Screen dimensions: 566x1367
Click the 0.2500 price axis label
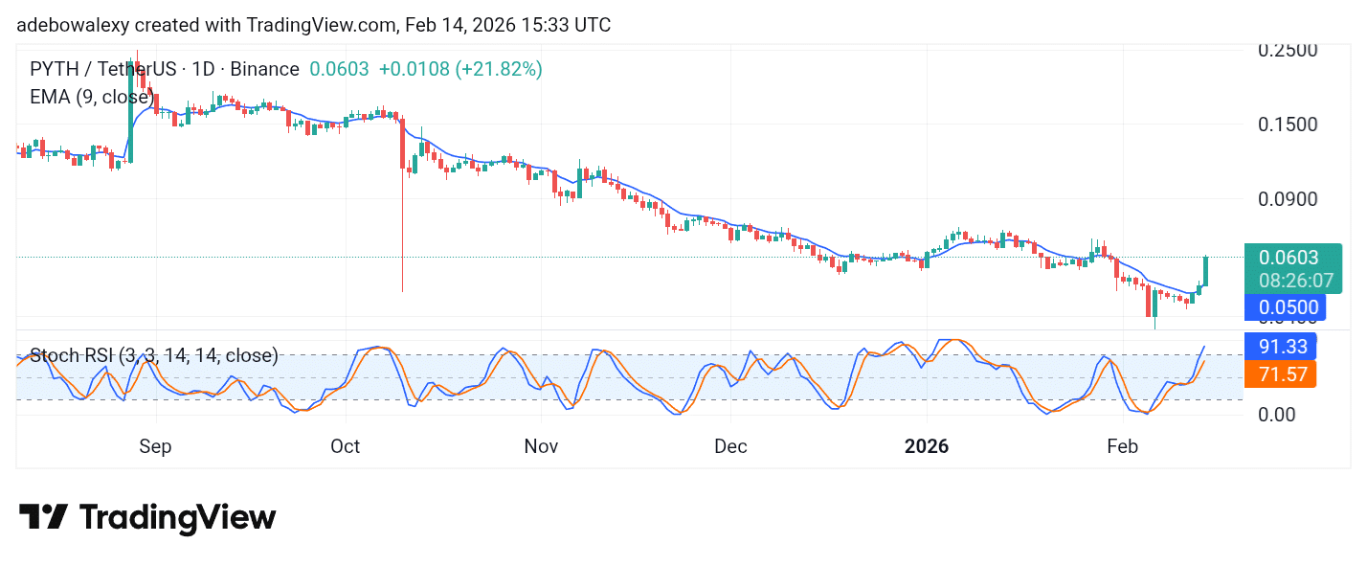(x=1289, y=50)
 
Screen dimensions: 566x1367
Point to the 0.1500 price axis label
(x=1289, y=125)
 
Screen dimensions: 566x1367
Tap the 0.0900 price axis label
(x=1289, y=199)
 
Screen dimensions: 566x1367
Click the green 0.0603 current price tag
(x=1289, y=258)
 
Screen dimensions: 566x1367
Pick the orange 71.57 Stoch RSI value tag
(x=1281, y=374)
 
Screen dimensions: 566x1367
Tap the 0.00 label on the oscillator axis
(x=1276, y=414)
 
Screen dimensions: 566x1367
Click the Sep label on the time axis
(x=155, y=446)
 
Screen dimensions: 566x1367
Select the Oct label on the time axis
(x=345, y=446)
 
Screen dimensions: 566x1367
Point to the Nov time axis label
(x=541, y=446)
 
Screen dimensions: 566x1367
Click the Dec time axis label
(x=730, y=446)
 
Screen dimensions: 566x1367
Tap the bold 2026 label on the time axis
(x=927, y=446)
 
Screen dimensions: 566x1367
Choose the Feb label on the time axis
(x=1122, y=446)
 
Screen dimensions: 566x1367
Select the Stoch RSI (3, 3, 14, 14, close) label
(x=154, y=356)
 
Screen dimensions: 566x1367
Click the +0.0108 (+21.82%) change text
(x=460, y=69)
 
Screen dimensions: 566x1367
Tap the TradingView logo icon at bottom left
(x=43, y=517)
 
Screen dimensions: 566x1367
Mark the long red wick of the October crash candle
(x=402, y=239)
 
